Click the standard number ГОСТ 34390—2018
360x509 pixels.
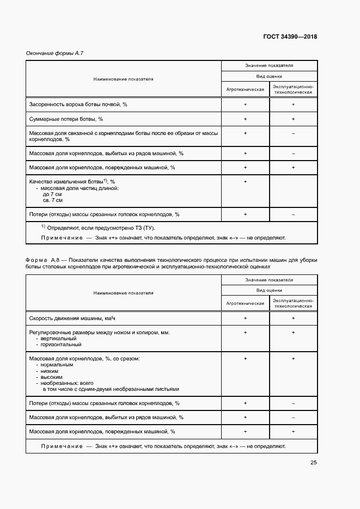click(x=290, y=37)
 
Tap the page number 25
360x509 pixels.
click(x=313, y=463)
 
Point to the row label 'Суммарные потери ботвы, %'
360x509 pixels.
click(x=65, y=119)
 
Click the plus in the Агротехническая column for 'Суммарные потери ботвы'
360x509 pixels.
click(x=245, y=119)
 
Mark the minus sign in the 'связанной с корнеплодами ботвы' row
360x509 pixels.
click(x=293, y=133)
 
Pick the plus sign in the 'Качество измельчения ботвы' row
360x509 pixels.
click(x=245, y=181)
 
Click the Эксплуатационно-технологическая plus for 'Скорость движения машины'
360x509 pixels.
click(x=293, y=317)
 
